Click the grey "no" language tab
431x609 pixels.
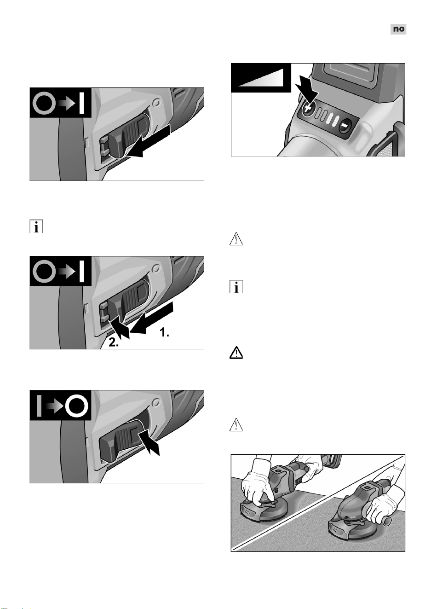tap(398, 29)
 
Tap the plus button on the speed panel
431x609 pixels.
tap(307, 109)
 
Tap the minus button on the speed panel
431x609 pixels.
tap(345, 125)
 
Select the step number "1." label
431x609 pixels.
tap(164, 332)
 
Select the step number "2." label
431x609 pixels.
tap(114, 342)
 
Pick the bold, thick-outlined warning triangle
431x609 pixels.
tap(236, 353)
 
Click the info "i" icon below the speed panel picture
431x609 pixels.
tap(236, 286)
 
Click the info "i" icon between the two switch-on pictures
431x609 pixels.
tap(36, 226)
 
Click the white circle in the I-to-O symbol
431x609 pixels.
tap(77, 406)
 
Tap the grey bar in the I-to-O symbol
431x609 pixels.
tap(39, 406)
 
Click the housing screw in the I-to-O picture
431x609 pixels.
tap(156, 402)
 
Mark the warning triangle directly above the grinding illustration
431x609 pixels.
tap(236, 425)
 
